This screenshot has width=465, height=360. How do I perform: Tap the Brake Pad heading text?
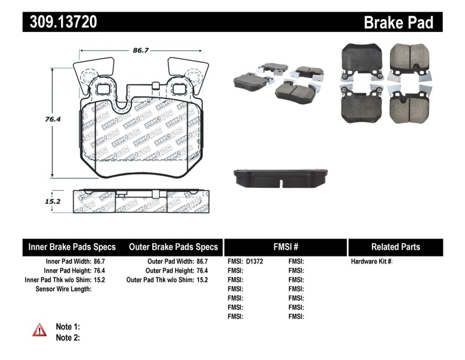[x=398, y=23]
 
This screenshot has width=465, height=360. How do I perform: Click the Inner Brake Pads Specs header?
[x=72, y=247]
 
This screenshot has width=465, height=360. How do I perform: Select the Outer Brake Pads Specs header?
[x=173, y=247]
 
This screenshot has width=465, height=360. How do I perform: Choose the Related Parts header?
[x=395, y=247]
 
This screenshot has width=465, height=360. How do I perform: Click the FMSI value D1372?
[x=255, y=262]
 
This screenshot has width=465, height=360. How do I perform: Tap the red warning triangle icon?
[x=39, y=330]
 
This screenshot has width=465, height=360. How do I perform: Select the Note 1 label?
[x=67, y=327]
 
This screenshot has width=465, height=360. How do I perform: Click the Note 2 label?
[x=67, y=337]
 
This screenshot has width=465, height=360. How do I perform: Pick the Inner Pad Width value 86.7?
[x=99, y=262]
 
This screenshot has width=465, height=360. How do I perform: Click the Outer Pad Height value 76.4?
[x=202, y=270]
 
